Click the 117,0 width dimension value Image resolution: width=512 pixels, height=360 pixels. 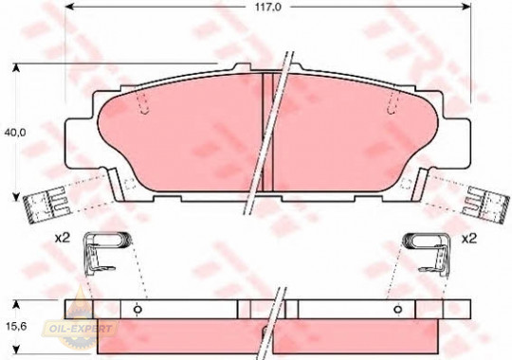pyautogui.click(x=268, y=7)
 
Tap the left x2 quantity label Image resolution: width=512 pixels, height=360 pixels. pyautogui.click(x=63, y=239)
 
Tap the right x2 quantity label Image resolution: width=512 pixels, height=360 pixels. pyautogui.click(x=469, y=239)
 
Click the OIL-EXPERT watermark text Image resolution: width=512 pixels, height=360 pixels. pyautogui.click(x=81, y=329)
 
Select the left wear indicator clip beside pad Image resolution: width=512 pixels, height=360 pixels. pyautogui.click(x=47, y=205)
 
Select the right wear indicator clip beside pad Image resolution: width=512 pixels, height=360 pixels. pyautogui.click(x=485, y=205)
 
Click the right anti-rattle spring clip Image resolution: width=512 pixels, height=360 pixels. pyautogui.click(x=427, y=252)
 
